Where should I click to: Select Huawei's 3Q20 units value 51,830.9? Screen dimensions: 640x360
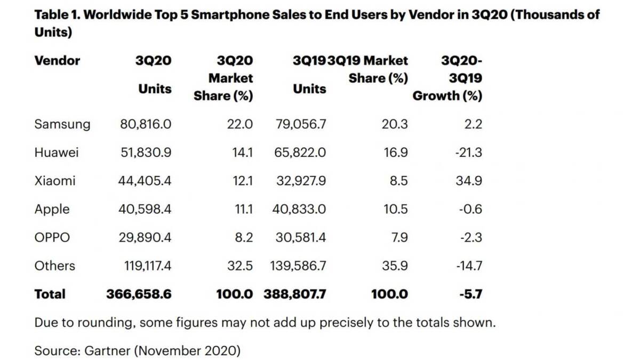point(146,153)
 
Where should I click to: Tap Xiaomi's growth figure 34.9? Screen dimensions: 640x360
point(469,181)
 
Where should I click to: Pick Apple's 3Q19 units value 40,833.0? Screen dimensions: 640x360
point(299,209)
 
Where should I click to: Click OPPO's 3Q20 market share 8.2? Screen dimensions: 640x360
point(244,237)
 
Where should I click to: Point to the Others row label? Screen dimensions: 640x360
point(54,266)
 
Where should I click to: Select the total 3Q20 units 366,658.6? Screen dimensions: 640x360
point(139,294)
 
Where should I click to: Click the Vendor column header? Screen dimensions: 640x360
point(57,61)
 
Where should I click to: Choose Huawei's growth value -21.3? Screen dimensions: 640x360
point(469,153)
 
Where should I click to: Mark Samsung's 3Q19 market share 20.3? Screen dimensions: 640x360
point(395,124)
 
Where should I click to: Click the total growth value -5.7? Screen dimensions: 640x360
point(471,294)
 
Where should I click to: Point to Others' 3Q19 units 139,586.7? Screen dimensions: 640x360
point(298,266)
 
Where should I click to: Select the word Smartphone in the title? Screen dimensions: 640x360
point(230,15)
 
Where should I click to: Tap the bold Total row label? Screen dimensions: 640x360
point(50,294)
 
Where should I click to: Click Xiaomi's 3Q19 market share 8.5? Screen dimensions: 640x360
point(399,181)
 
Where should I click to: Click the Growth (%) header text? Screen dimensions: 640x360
point(447,95)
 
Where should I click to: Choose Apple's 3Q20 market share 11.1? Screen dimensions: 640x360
point(244,209)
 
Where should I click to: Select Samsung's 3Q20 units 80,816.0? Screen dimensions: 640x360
point(146,124)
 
